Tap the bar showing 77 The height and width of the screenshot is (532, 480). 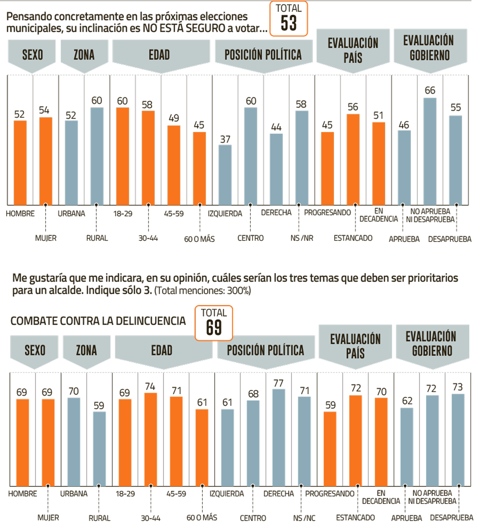[x=279, y=437]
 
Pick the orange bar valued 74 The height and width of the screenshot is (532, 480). [x=151, y=439]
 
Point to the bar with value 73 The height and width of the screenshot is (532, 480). [x=458, y=440]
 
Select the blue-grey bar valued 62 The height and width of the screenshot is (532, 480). [x=407, y=447]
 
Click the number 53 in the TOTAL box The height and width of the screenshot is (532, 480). [x=289, y=23]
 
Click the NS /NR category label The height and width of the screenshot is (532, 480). [x=302, y=238]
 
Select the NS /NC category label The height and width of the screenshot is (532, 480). [x=304, y=518]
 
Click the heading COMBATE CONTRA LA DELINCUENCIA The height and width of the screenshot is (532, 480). [x=98, y=321]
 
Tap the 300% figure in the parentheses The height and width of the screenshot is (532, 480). [x=238, y=291]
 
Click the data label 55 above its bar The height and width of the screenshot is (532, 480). [x=456, y=107]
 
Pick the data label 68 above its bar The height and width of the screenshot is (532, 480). [x=253, y=394]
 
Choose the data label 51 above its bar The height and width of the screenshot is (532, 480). [x=378, y=115]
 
